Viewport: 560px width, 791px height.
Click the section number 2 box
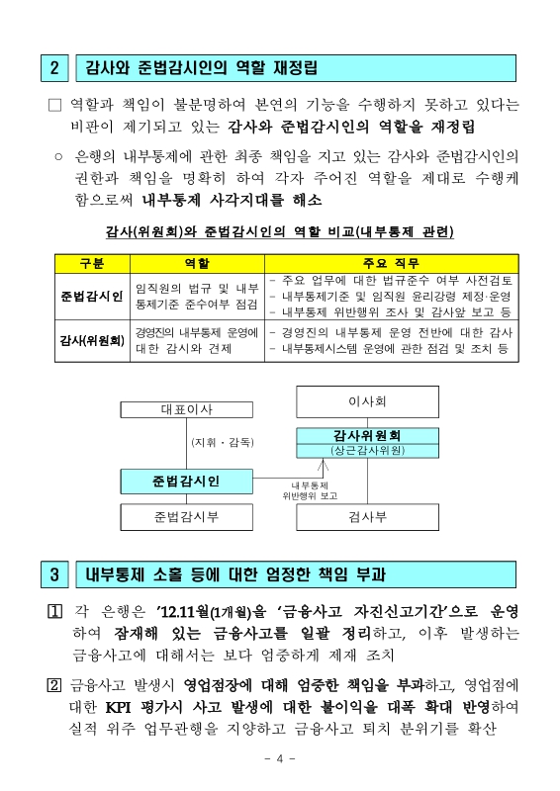point(56,68)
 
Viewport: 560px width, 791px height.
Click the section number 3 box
point(56,574)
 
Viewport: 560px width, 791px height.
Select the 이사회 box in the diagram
point(367,401)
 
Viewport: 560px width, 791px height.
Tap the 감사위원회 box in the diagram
point(367,435)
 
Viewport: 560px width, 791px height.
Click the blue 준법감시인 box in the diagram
point(186,482)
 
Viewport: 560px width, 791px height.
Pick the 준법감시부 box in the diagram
point(186,516)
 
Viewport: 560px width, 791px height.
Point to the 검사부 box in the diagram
point(367,516)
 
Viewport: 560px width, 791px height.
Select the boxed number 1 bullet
point(55,611)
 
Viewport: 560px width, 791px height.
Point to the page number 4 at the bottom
point(280,758)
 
